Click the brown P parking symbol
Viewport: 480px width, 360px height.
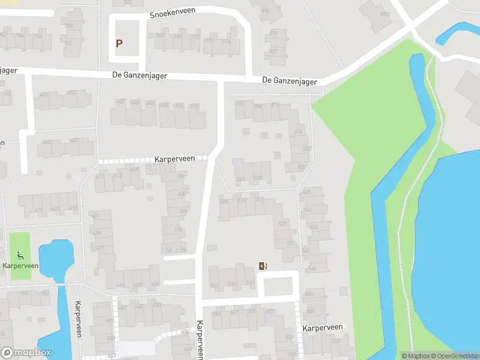119,43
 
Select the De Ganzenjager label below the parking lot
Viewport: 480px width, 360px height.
139,76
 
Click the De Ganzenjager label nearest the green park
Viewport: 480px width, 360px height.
289,81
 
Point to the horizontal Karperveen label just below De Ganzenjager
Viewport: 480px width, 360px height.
175,159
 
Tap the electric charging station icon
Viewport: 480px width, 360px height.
262,266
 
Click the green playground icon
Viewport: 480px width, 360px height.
20,255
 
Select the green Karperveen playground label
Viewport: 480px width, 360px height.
20,265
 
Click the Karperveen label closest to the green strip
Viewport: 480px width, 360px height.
322,328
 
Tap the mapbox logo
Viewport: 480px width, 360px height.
26,353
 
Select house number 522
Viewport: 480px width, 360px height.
307,148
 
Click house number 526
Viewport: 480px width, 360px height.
302,167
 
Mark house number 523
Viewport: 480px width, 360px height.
283,223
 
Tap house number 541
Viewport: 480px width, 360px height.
215,285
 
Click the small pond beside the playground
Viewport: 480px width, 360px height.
55,258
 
